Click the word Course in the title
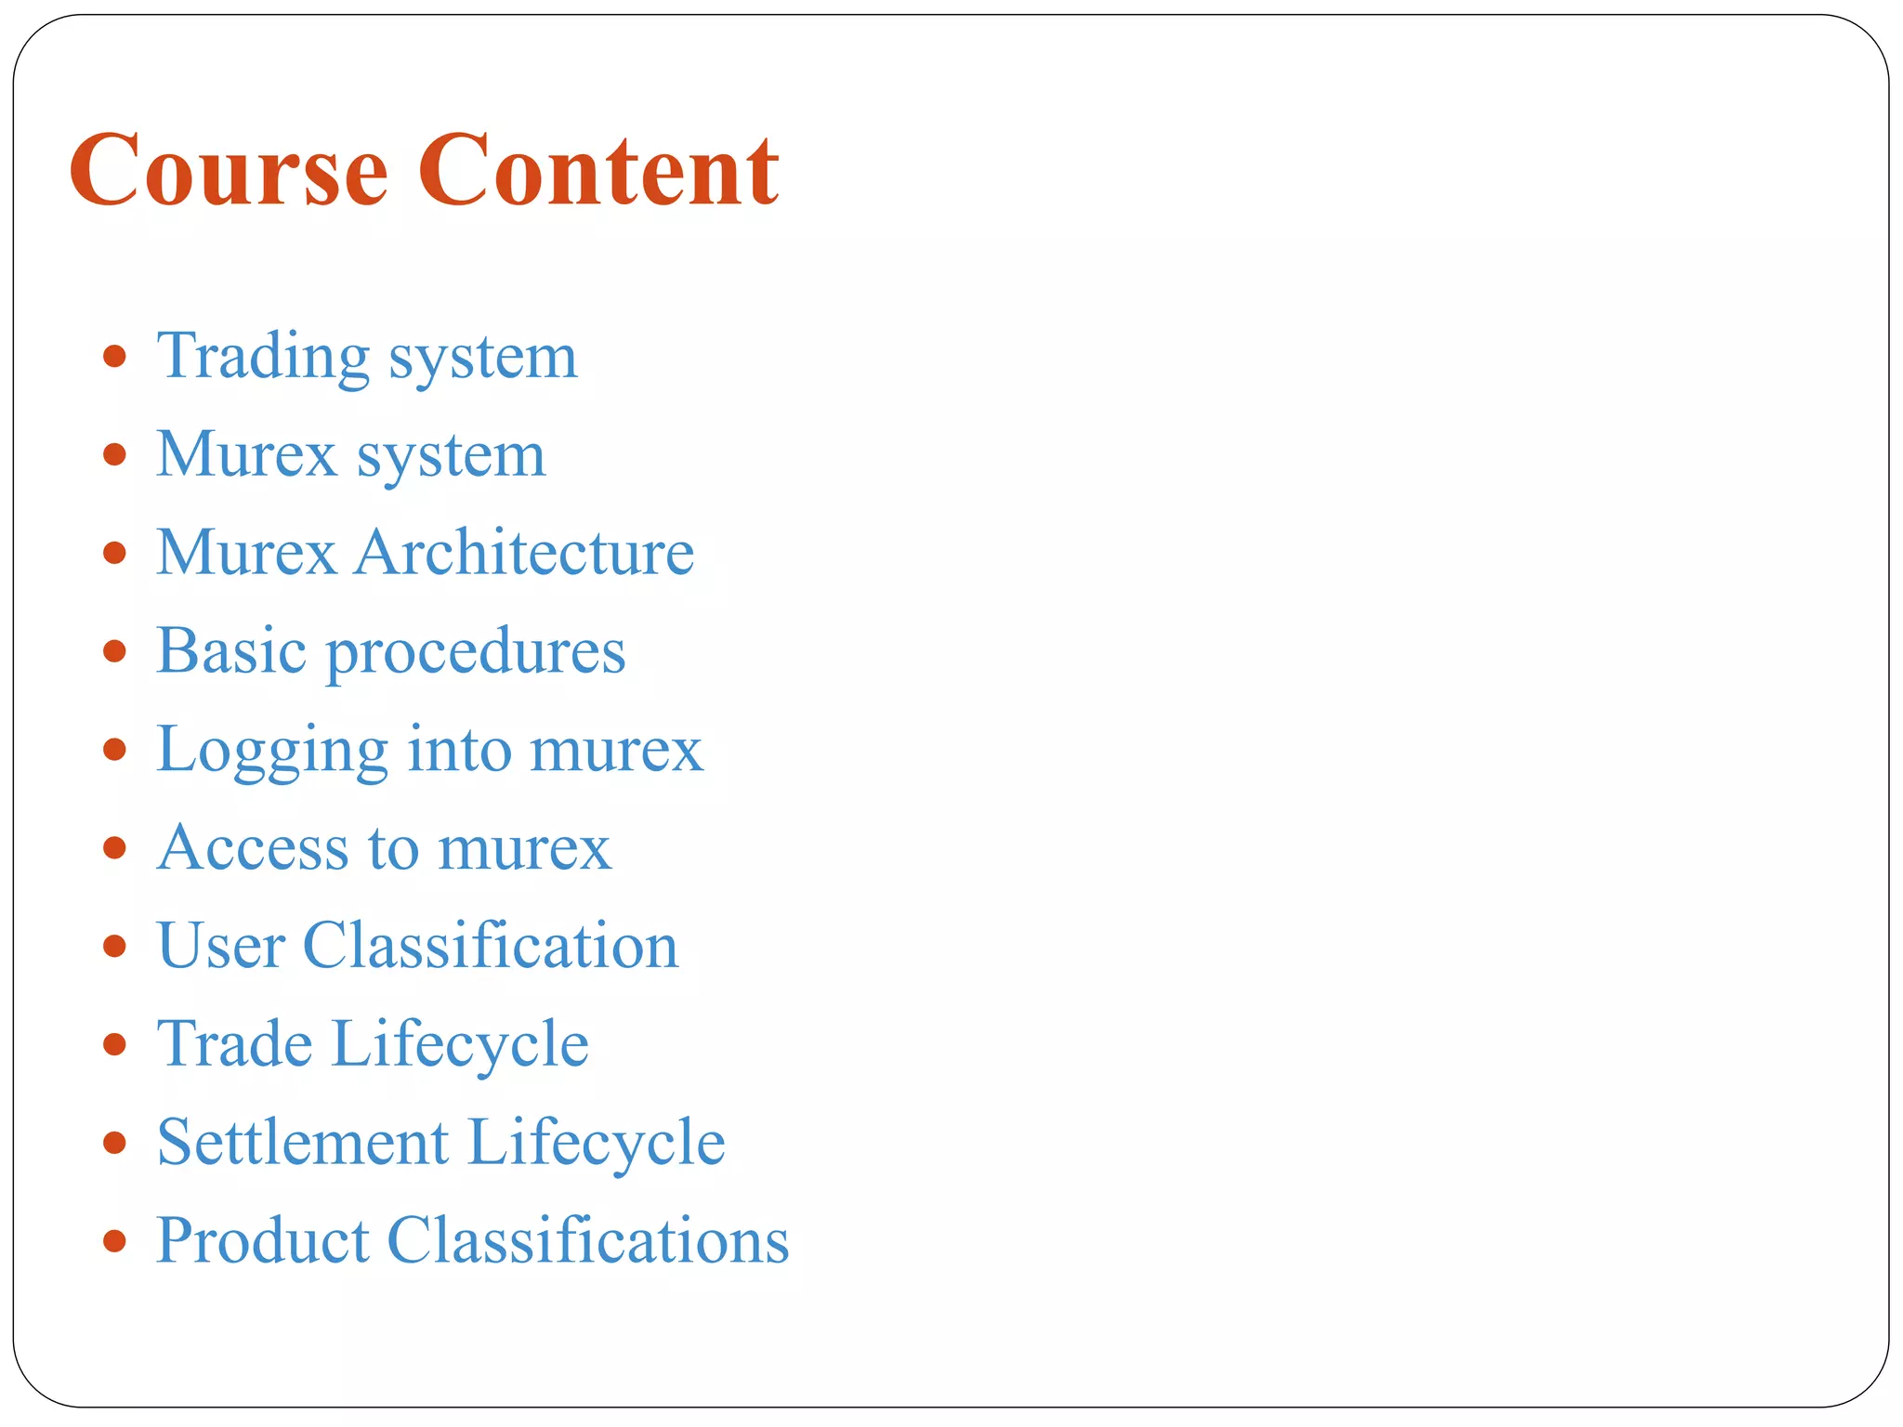tap(228, 170)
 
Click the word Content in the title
tap(598, 170)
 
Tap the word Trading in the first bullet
tap(263, 357)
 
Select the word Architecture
tap(524, 553)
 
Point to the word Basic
tap(231, 650)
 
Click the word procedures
tap(476, 654)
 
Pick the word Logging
tap(271, 751)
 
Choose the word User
tap(220, 946)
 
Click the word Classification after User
tap(491, 946)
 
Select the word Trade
tap(234, 1044)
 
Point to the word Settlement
tap(303, 1142)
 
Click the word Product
tap(262, 1240)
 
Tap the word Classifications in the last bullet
tap(588, 1240)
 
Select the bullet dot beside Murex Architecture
tap(114, 553)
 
